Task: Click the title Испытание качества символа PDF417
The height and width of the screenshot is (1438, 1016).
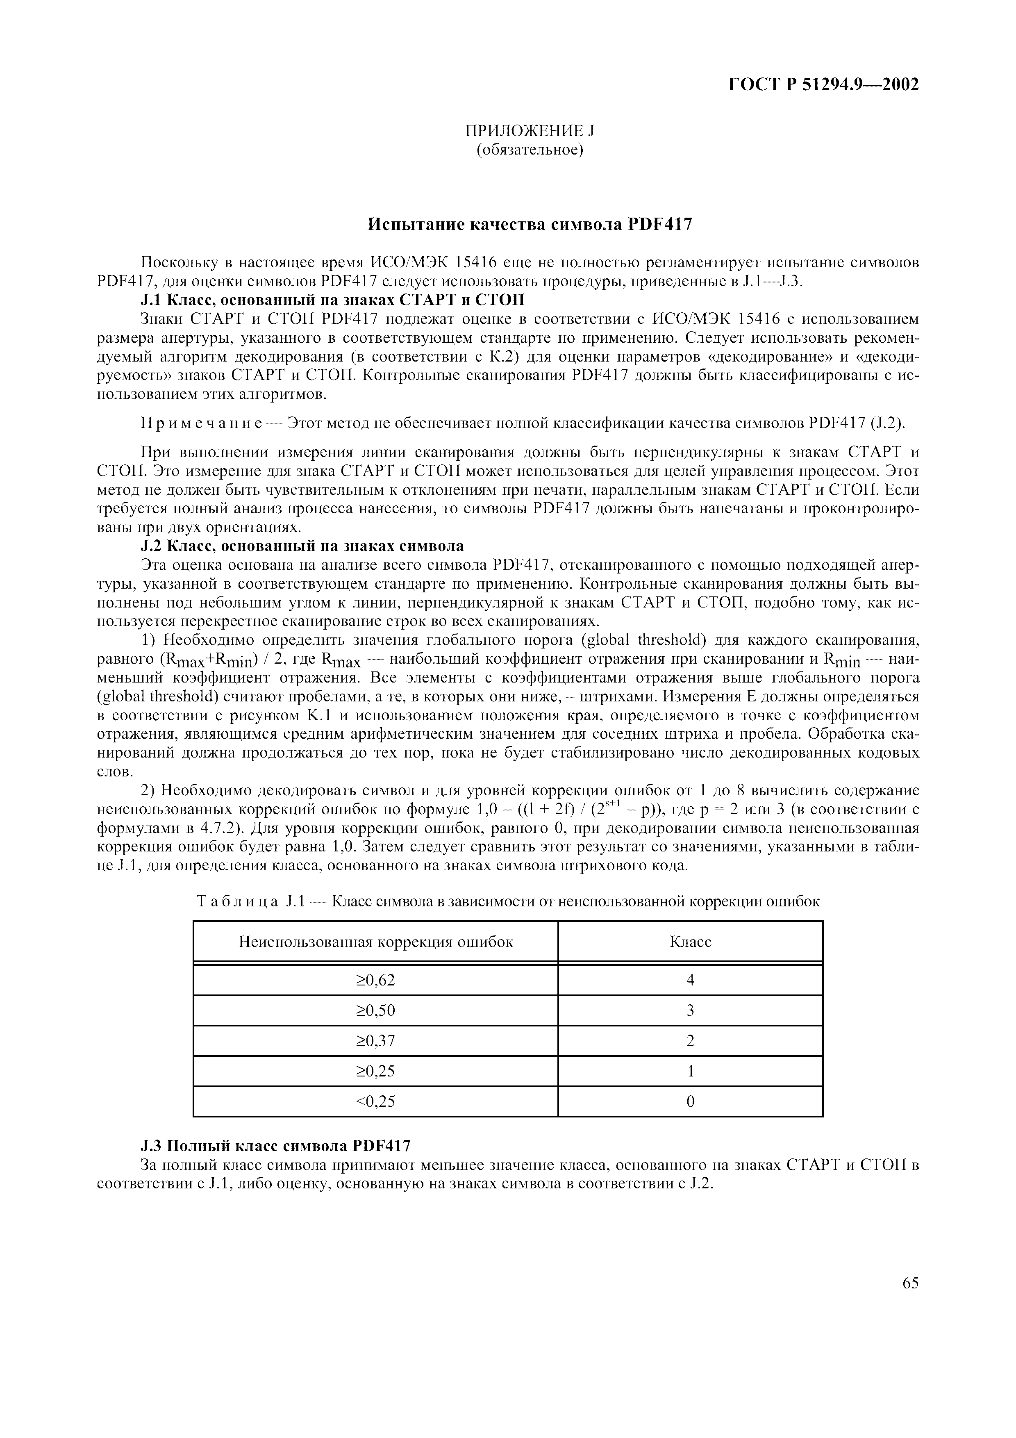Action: (530, 224)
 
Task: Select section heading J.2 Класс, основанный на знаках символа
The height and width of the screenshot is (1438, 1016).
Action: (302, 546)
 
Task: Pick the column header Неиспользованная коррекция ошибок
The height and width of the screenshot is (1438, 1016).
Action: (375, 942)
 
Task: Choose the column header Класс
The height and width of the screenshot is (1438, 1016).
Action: (691, 942)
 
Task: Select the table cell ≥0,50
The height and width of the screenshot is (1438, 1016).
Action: (375, 1010)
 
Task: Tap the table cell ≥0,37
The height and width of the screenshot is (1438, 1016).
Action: (375, 1041)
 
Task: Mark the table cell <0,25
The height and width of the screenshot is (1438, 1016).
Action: (375, 1101)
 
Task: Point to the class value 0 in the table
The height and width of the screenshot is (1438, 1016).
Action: (691, 1101)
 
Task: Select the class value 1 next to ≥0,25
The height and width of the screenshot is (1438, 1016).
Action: (691, 1071)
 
